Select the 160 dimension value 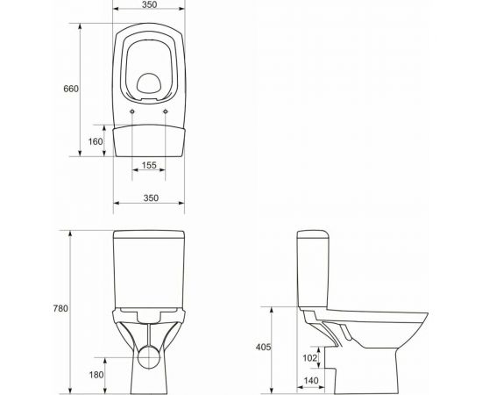(96, 142)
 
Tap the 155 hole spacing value (148, 165)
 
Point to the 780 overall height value (60, 308)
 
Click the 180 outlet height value (96, 376)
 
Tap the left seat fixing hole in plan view (132, 113)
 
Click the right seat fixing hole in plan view (166, 113)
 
